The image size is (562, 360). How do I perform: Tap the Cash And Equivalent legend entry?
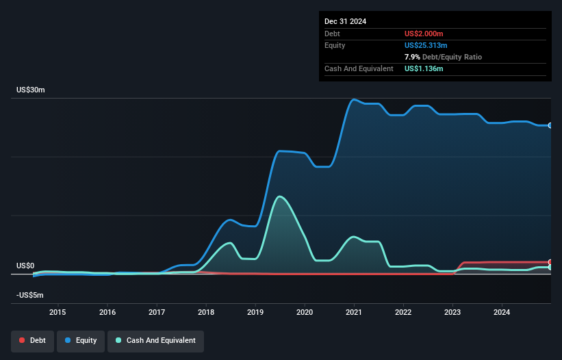coord(155,340)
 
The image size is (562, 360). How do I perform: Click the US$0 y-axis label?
coord(25,266)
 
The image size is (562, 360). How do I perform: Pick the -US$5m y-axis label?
coord(29,296)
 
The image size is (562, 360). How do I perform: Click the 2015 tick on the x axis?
coord(58,313)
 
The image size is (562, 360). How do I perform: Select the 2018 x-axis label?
coord(206,313)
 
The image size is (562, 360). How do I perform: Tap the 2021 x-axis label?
coord(354,313)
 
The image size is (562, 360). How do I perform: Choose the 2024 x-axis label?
coord(502,313)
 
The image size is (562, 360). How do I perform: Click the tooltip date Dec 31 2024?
coord(345,21)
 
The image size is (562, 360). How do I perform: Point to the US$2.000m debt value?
coord(424,34)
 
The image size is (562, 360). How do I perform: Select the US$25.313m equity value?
coord(426,45)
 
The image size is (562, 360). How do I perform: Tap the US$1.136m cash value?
coord(424,68)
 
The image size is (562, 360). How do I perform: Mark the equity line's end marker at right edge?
coord(550,125)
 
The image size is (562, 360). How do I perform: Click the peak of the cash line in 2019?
coord(279,196)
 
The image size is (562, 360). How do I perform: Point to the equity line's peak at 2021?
coord(354,99)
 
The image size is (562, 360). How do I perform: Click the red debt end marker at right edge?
coord(550,262)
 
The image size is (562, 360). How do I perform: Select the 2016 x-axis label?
coord(107,313)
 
